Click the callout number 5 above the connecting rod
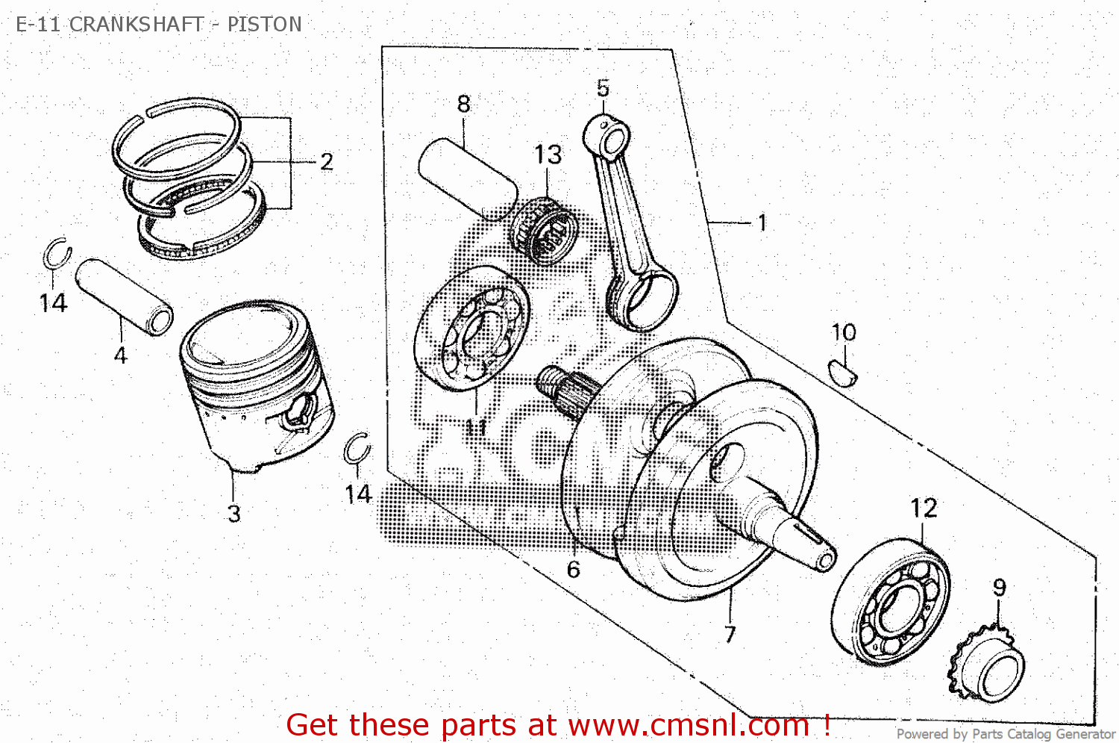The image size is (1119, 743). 603,88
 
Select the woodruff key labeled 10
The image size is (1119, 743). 843,372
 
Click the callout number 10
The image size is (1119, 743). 844,332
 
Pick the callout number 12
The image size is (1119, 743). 924,509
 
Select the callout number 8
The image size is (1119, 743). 463,104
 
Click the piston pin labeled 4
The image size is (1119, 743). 125,296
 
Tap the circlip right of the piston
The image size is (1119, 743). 357,449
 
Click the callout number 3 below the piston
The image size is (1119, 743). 233,514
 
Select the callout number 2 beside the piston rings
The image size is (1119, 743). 326,162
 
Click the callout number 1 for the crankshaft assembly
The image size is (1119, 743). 762,223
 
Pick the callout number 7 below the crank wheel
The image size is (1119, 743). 730,634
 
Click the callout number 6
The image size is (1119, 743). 573,570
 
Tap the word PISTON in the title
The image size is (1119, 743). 264,25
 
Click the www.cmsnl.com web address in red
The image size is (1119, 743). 688,725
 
